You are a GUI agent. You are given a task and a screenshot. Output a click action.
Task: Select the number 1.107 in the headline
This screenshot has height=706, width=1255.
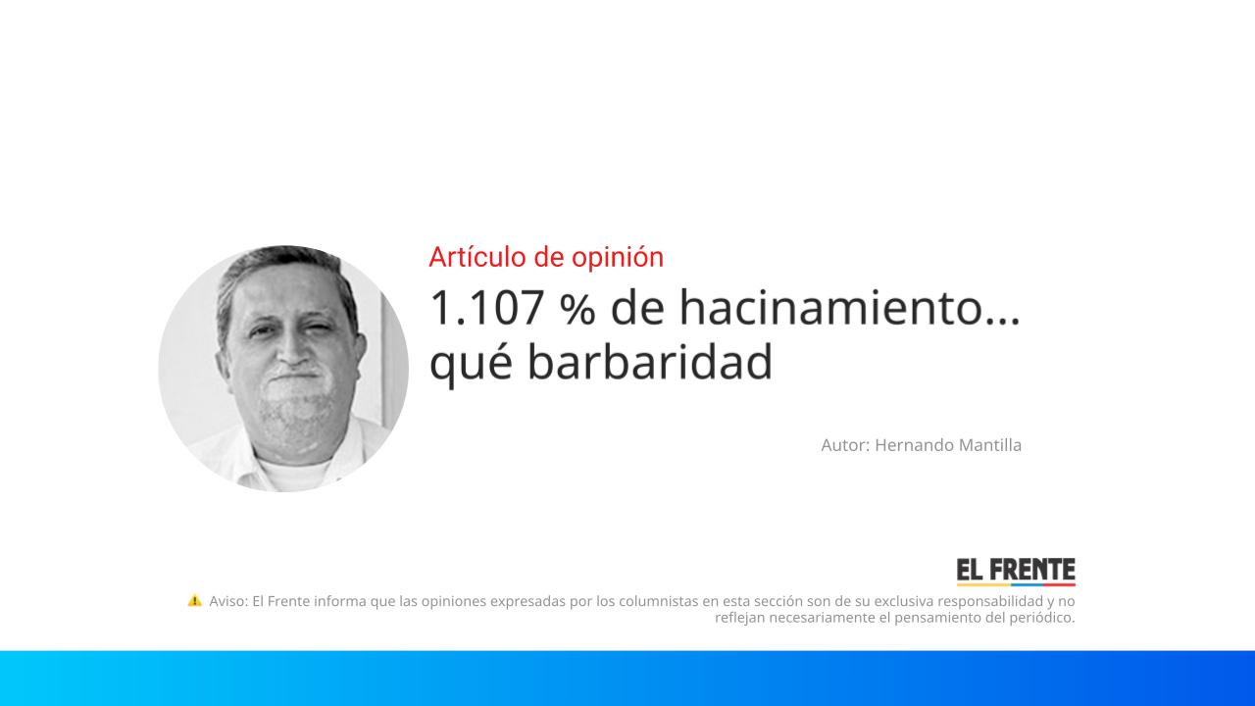click(486, 309)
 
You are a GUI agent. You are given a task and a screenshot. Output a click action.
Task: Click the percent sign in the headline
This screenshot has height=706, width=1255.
click(577, 310)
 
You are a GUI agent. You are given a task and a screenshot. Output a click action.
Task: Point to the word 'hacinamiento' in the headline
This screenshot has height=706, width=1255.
click(830, 309)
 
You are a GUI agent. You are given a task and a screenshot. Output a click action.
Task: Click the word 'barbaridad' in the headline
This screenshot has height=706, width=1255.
click(650, 362)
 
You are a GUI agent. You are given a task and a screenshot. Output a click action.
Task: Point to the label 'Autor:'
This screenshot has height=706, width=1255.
click(845, 445)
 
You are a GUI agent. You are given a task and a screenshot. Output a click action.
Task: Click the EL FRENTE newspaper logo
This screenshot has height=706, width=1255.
click(1016, 572)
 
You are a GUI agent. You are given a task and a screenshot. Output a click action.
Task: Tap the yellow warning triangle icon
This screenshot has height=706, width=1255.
click(195, 600)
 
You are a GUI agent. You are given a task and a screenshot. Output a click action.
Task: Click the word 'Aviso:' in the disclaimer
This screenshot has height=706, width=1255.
click(228, 601)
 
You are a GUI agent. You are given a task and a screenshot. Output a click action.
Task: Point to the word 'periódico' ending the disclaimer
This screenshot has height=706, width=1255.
click(1038, 618)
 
